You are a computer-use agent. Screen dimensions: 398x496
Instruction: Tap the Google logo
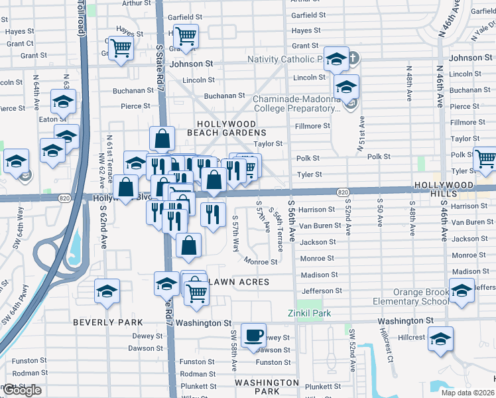click(x=21, y=390)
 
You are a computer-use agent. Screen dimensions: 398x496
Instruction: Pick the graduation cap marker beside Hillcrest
click(x=440, y=340)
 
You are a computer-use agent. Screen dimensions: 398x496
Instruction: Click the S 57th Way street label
click(x=236, y=233)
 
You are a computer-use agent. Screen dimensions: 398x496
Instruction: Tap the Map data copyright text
click(x=467, y=393)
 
